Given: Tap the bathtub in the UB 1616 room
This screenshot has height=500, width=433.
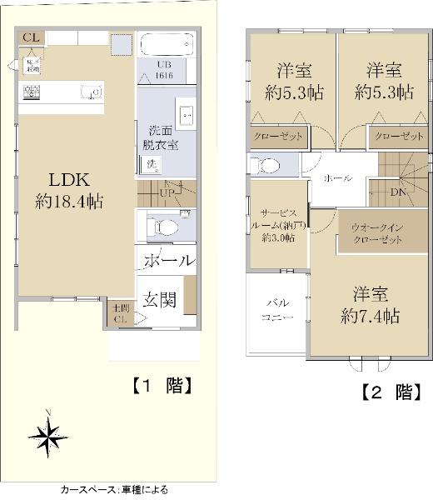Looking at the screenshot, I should coord(166,44).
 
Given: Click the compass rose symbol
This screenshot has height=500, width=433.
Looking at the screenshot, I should coord(49,433).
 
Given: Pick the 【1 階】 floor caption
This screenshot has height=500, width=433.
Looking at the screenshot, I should coord(162,386).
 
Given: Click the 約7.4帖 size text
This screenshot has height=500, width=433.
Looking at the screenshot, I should coord(370,317).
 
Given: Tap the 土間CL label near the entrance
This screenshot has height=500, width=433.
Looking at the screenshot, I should coord(121,313).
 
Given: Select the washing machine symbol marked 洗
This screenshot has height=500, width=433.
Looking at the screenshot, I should coord(153,164).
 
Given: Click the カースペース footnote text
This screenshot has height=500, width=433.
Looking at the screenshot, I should coord(109,491).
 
